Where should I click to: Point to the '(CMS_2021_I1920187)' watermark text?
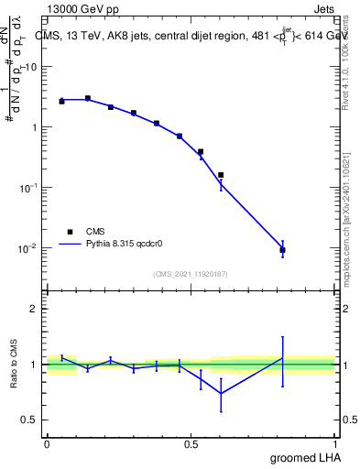[x=191, y=273]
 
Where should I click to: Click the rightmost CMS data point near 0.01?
[x=282, y=250]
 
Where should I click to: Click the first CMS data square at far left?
[x=61, y=101]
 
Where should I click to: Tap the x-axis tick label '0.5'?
[x=191, y=443]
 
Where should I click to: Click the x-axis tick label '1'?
[x=336, y=443]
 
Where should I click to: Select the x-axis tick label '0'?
[x=47, y=443]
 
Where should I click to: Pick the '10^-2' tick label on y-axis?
[x=30, y=247]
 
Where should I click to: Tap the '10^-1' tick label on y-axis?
[x=30, y=187]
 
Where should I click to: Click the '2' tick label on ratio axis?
[x=35, y=309]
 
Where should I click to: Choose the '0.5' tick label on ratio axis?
[x=31, y=420]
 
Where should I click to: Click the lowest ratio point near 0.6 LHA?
[x=221, y=393]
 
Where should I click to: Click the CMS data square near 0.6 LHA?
[x=221, y=175]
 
